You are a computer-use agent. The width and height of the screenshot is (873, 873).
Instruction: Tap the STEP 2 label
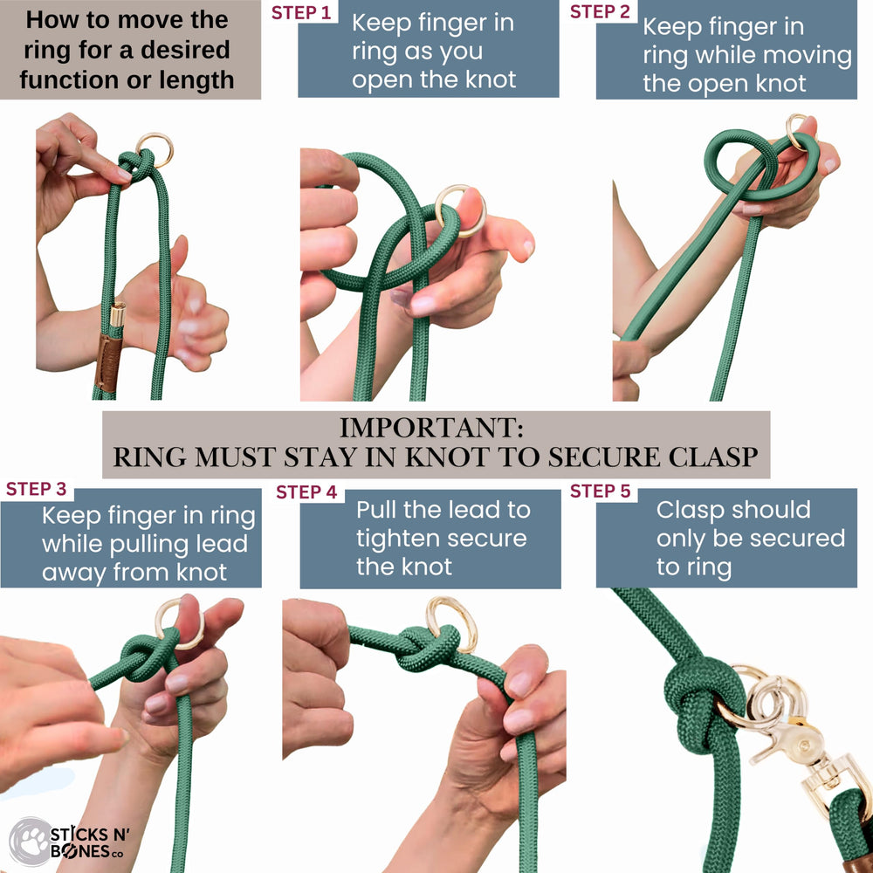tap(600, 11)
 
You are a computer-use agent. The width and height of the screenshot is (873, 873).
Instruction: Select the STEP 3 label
tap(36, 489)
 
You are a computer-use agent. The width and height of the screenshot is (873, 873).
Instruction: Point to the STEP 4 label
tap(306, 492)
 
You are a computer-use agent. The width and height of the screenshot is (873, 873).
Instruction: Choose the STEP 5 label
tap(600, 491)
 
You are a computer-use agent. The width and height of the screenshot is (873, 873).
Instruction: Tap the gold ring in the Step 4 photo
tap(450, 623)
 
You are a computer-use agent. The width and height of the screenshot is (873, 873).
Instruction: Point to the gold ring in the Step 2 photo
tap(796, 131)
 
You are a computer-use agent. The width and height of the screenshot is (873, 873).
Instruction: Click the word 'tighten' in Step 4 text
tap(400, 538)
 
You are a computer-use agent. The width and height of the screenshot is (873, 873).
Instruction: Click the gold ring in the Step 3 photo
tap(179, 622)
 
